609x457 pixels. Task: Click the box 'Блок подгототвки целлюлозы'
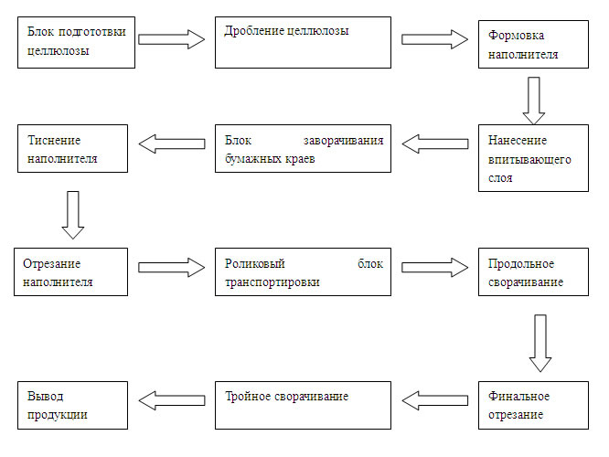(76, 42)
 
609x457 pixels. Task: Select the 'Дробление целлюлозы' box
(303, 42)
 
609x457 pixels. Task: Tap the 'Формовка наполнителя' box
(533, 44)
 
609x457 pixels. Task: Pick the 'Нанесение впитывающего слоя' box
(533, 158)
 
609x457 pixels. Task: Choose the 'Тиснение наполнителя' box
(72, 148)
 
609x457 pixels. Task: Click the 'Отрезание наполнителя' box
(70, 271)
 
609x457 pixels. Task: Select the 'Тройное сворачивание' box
(303, 405)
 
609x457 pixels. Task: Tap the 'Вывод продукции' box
(72, 405)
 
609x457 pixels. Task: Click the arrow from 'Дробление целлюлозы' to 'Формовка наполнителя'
(434, 39)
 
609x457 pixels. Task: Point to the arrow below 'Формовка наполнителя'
(534, 101)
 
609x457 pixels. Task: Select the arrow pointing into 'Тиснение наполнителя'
(172, 143)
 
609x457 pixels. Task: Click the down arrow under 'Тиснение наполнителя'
(73, 215)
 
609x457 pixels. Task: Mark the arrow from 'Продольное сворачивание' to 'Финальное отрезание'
(540, 344)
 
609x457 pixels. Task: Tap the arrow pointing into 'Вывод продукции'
(172, 400)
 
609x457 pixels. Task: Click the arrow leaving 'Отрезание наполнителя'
(172, 267)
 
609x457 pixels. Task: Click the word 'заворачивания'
(343, 141)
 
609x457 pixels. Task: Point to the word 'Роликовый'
(255, 263)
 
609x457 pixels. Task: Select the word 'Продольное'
(521, 263)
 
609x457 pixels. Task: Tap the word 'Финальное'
(518, 396)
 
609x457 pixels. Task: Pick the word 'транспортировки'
(272, 282)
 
